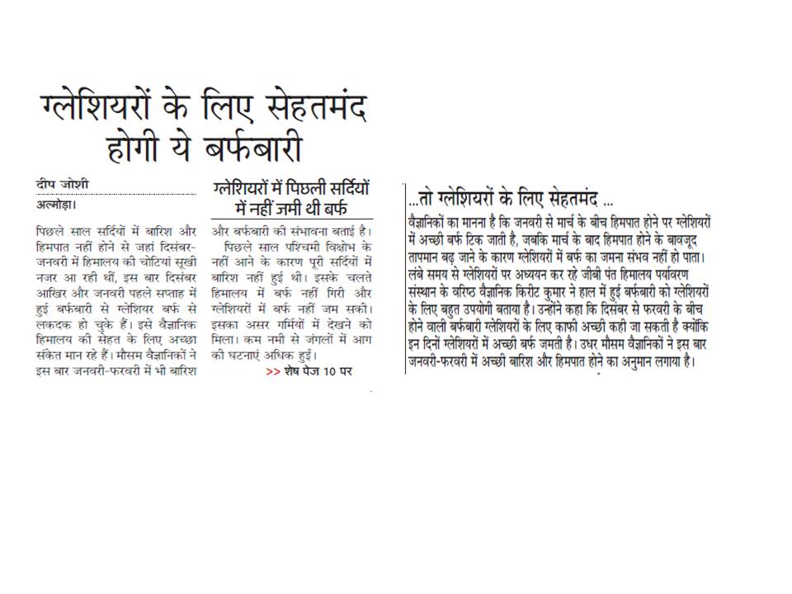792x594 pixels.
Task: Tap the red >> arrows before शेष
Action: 272,371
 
